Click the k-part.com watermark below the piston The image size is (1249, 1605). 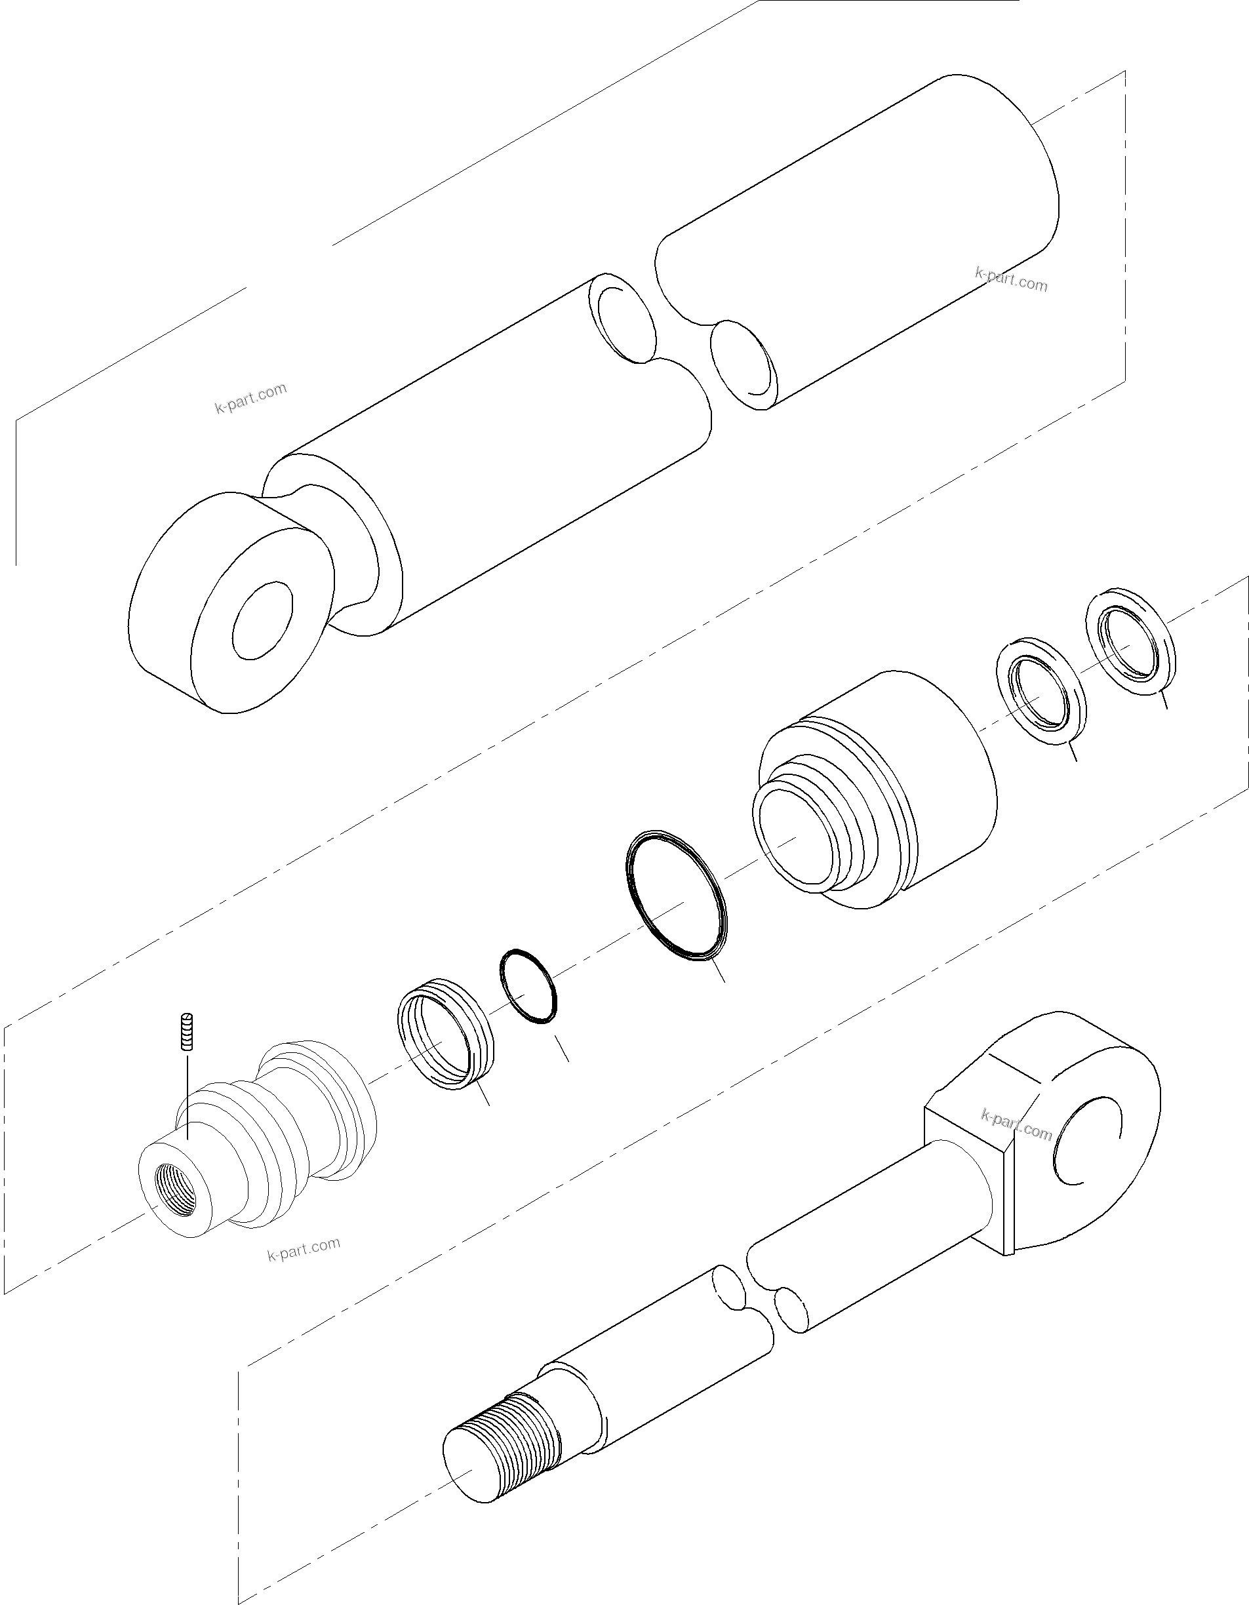tap(304, 1248)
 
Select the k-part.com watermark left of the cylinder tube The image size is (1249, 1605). tap(250, 399)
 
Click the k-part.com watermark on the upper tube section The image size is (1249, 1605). tap(1011, 279)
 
